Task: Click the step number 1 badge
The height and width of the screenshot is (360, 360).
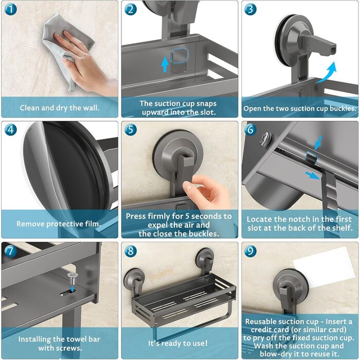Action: (x=11, y=9)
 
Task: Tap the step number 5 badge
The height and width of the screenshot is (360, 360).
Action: (x=131, y=129)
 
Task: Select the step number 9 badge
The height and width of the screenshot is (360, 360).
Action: (x=250, y=250)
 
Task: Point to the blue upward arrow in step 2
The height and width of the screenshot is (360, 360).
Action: (x=165, y=65)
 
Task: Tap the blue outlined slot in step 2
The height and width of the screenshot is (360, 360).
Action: (x=179, y=56)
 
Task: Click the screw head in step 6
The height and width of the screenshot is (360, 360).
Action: (x=265, y=139)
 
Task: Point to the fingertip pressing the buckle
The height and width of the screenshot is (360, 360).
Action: (x=187, y=185)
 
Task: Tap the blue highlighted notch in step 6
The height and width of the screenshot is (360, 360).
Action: (x=311, y=157)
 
